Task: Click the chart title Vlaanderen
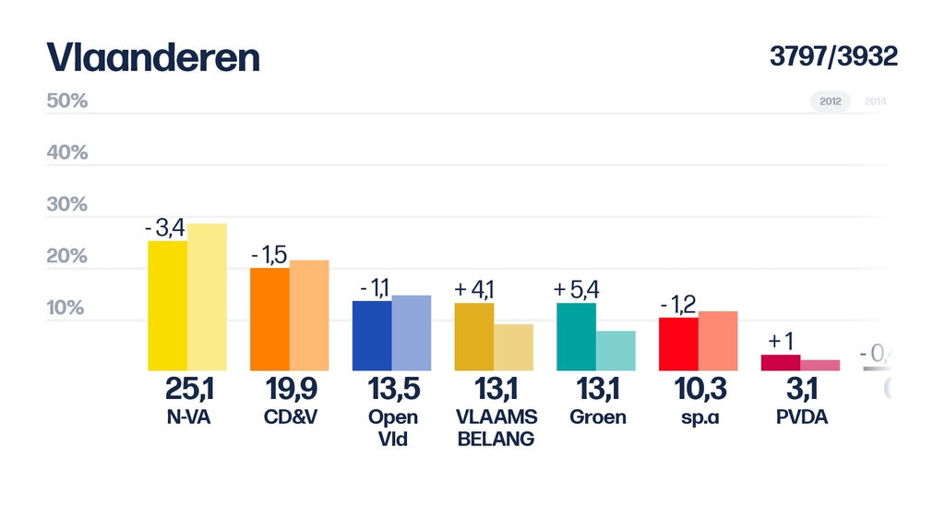point(153,58)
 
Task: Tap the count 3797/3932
point(833,56)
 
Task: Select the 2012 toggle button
point(831,102)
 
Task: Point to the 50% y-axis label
point(66,102)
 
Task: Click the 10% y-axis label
point(66,308)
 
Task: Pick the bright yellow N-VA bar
point(168,306)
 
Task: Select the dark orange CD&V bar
point(270,320)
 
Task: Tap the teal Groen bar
point(577,337)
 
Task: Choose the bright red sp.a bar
point(678,344)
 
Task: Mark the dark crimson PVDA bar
point(780,362)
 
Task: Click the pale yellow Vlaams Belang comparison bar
point(513,347)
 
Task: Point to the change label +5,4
point(577,289)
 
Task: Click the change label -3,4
point(165,228)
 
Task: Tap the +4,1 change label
point(474,289)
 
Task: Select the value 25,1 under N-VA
point(188,390)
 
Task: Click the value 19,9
point(290,390)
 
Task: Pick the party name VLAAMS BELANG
point(496,428)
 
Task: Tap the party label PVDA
point(802,417)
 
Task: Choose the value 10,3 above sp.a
point(700,390)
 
